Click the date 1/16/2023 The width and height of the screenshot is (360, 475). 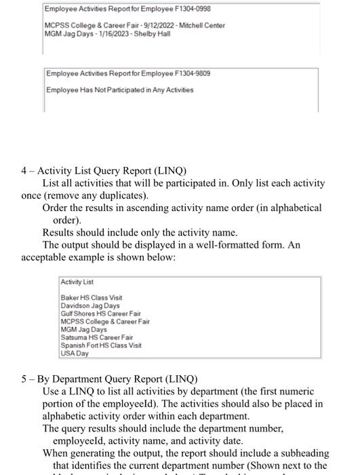[111, 34]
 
